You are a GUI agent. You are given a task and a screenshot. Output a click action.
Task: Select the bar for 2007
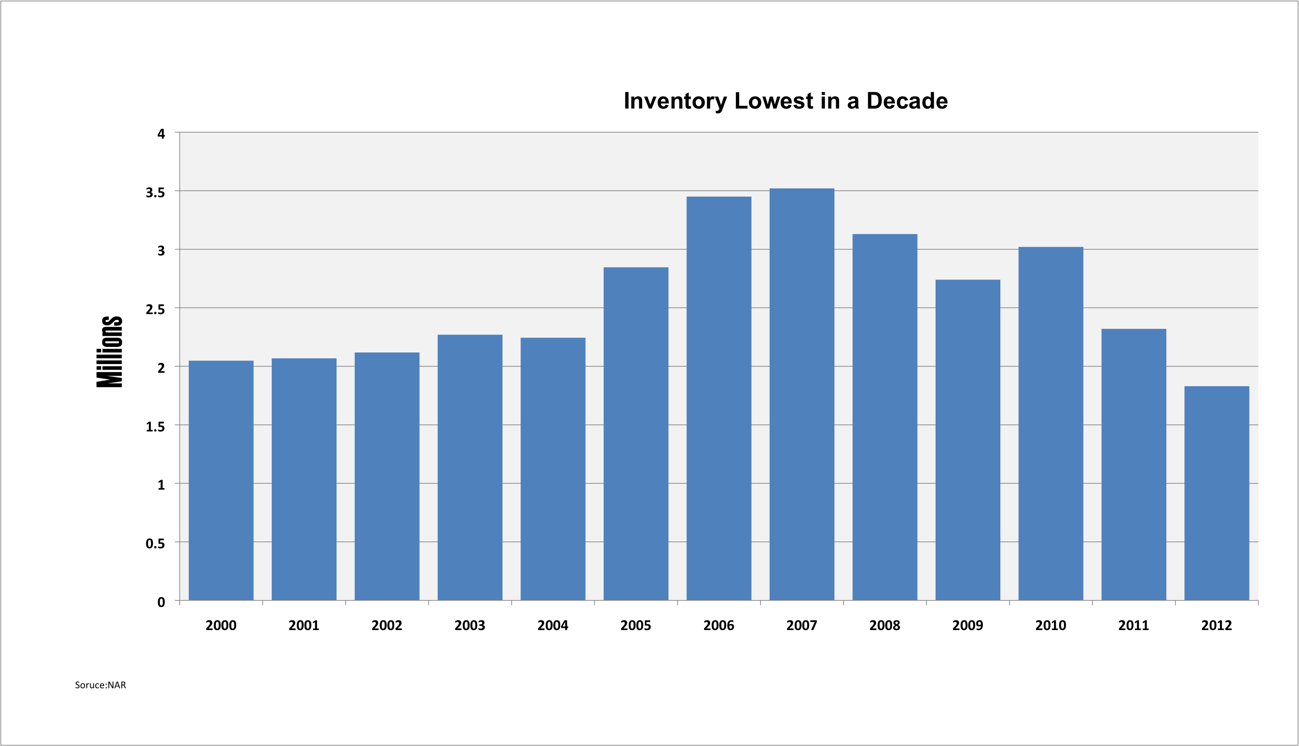click(802, 394)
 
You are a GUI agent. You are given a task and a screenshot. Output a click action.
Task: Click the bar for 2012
click(1216, 493)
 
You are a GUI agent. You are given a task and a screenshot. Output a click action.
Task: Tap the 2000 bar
click(221, 480)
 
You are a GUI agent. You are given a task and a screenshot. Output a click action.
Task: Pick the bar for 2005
click(636, 434)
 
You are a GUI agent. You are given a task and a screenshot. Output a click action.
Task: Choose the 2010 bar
click(1051, 424)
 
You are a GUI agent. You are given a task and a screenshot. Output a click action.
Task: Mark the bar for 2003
click(470, 468)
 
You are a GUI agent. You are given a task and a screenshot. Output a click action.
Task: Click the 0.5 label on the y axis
click(155, 544)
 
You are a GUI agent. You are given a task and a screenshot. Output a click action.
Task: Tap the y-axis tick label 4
click(161, 134)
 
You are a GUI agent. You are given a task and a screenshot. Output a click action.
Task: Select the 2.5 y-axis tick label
click(155, 309)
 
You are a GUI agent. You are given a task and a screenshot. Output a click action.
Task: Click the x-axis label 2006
click(719, 625)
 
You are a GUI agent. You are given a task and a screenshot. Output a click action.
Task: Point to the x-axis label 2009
click(968, 625)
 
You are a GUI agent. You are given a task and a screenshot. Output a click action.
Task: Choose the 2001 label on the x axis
click(304, 625)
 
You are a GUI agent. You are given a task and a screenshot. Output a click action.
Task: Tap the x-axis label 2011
click(1134, 625)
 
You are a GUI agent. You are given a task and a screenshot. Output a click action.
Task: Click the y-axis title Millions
click(110, 352)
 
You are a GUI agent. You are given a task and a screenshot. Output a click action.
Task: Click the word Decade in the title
click(907, 101)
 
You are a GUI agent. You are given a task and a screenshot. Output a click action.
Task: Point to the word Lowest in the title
click(774, 101)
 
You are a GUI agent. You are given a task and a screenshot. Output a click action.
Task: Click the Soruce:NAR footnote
click(100, 685)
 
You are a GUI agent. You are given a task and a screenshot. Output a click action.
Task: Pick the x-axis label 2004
click(552, 625)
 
